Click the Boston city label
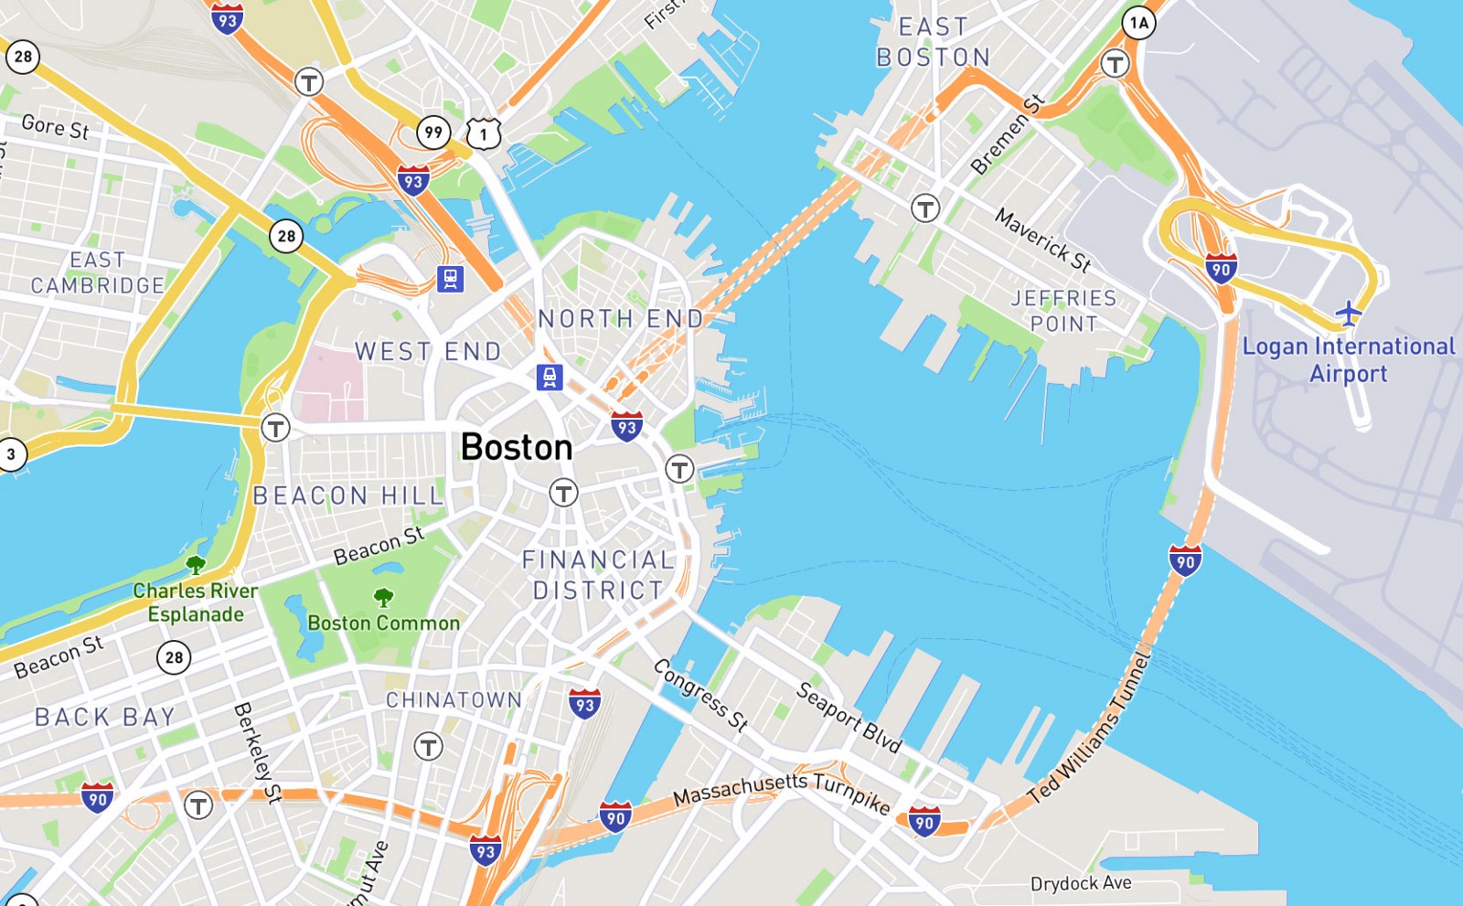(517, 447)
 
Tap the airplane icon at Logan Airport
(1348, 313)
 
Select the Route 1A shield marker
(1138, 22)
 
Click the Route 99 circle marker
(433, 132)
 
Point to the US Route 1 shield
(483, 133)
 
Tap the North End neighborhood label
(621, 319)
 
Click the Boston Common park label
(383, 624)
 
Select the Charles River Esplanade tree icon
(195, 564)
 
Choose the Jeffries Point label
(1063, 311)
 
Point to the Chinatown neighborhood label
(454, 700)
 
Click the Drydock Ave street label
(1081, 883)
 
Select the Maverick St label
(1043, 240)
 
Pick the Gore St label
(55, 126)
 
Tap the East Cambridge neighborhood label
(97, 273)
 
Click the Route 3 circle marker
(11, 453)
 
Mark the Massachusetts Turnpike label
(782, 790)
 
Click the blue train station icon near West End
(549, 377)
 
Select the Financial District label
(599, 575)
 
